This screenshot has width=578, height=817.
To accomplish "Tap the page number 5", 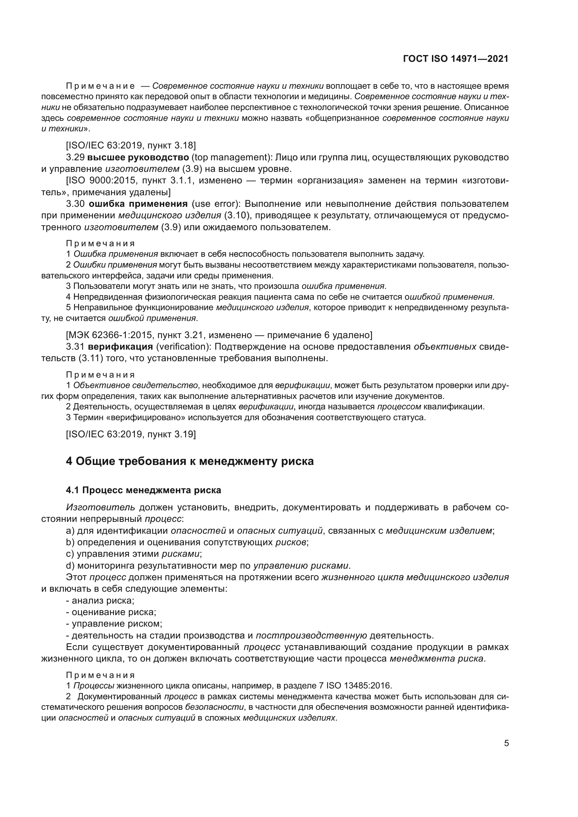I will coord(506,743).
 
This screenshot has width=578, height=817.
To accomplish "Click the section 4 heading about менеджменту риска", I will coord(190,461).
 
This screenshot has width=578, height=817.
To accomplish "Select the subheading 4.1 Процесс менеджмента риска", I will coord(143,490).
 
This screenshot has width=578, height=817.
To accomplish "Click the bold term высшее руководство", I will coord(138,157).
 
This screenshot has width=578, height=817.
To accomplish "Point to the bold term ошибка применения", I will coord(138,204).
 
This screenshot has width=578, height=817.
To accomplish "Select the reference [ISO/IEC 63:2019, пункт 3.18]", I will coord(131,145).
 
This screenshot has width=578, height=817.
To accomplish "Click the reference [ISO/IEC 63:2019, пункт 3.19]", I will coord(131,434).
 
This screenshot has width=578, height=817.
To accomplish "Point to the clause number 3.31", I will coord(75,347).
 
